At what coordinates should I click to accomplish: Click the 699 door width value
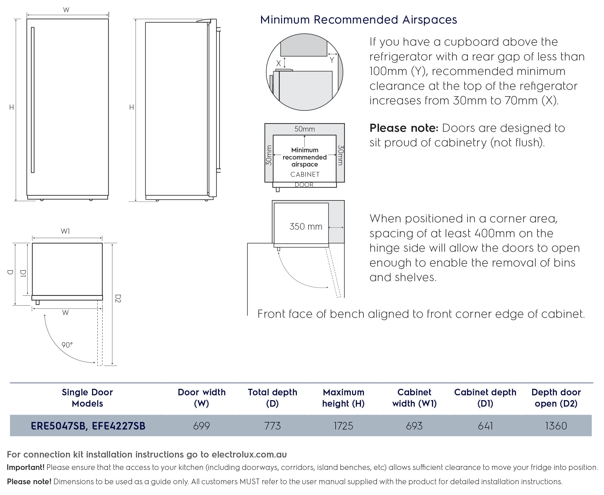tap(201, 426)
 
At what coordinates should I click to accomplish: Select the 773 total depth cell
tap(272, 426)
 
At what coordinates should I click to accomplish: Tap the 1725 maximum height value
tap(343, 426)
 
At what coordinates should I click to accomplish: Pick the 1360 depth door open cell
tap(556, 426)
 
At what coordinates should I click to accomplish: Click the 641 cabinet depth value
tap(485, 426)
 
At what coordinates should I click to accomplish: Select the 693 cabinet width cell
tap(414, 426)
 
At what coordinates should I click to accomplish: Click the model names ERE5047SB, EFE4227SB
tap(88, 426)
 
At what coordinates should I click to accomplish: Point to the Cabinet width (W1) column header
tap(414, 398)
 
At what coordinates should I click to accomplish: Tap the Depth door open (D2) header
tap(556, 398)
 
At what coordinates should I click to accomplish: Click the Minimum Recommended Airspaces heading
tap(359, 20)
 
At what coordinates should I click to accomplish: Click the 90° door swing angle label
tap(67, 345)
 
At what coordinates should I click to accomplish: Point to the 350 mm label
tap(306, 226)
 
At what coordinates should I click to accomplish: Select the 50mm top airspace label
tap(304, 129)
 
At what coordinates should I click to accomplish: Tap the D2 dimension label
tap(118, 299)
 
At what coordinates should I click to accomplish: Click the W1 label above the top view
tap(65, 231)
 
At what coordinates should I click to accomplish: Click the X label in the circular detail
tap(279, 63)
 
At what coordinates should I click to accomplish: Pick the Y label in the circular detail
tap(332, 60)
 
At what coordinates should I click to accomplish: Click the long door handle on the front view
tap(33, 100)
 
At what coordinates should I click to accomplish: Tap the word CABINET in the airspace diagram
tap(305, 174)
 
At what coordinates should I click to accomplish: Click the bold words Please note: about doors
tap(404, 128)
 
